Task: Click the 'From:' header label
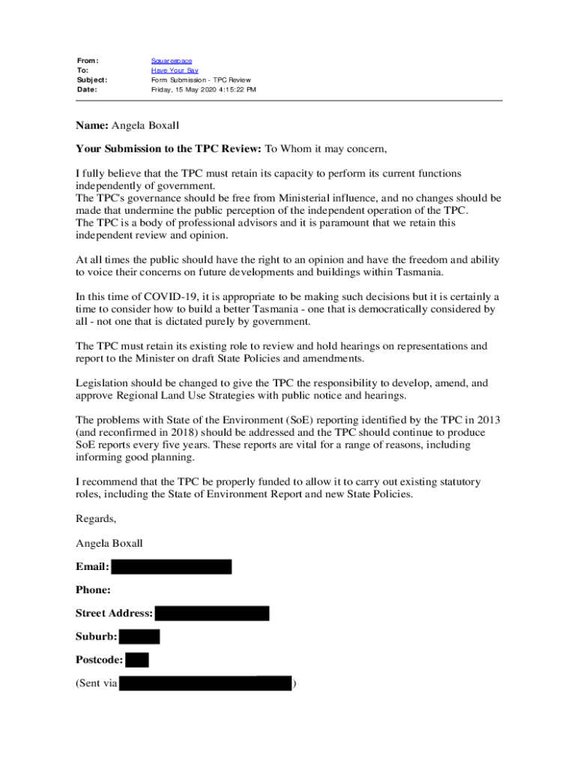[x=88, y=61]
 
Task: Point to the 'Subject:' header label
[x=92, y=80]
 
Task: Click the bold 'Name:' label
[x=92, y=125]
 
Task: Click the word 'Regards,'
[x=96, y=518]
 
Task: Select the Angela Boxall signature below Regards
[x=109, y=542]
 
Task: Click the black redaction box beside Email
[x=172, y=567]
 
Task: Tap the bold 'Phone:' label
[x=93, y=590]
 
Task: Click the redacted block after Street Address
[x=212, y=613]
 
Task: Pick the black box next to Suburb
[x=139, y=637]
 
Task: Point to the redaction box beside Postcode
[x=137, y=661]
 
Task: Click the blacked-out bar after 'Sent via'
[x=205, y=683]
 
